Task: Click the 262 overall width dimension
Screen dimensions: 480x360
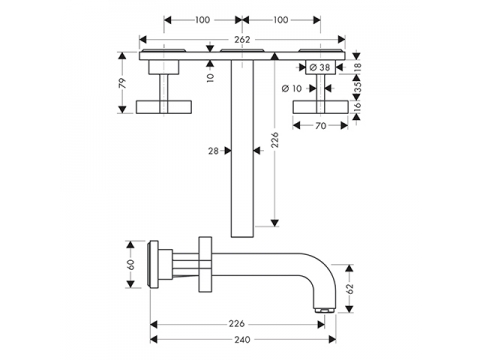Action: pos(242,40)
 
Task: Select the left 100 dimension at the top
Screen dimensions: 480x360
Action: pos(202,20)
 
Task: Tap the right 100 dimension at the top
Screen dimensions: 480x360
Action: pos(281,20)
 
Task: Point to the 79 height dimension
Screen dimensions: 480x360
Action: pos(123,83)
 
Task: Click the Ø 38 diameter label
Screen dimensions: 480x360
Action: pos(320,68)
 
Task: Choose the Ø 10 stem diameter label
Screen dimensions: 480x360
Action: pos(292,89)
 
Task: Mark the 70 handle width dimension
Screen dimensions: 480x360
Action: pos(320,126)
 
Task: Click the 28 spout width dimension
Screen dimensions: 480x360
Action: pos(213,151)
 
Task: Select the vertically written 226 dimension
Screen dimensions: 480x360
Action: pos(275,140)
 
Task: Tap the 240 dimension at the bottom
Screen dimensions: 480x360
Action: pos(242,340)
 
